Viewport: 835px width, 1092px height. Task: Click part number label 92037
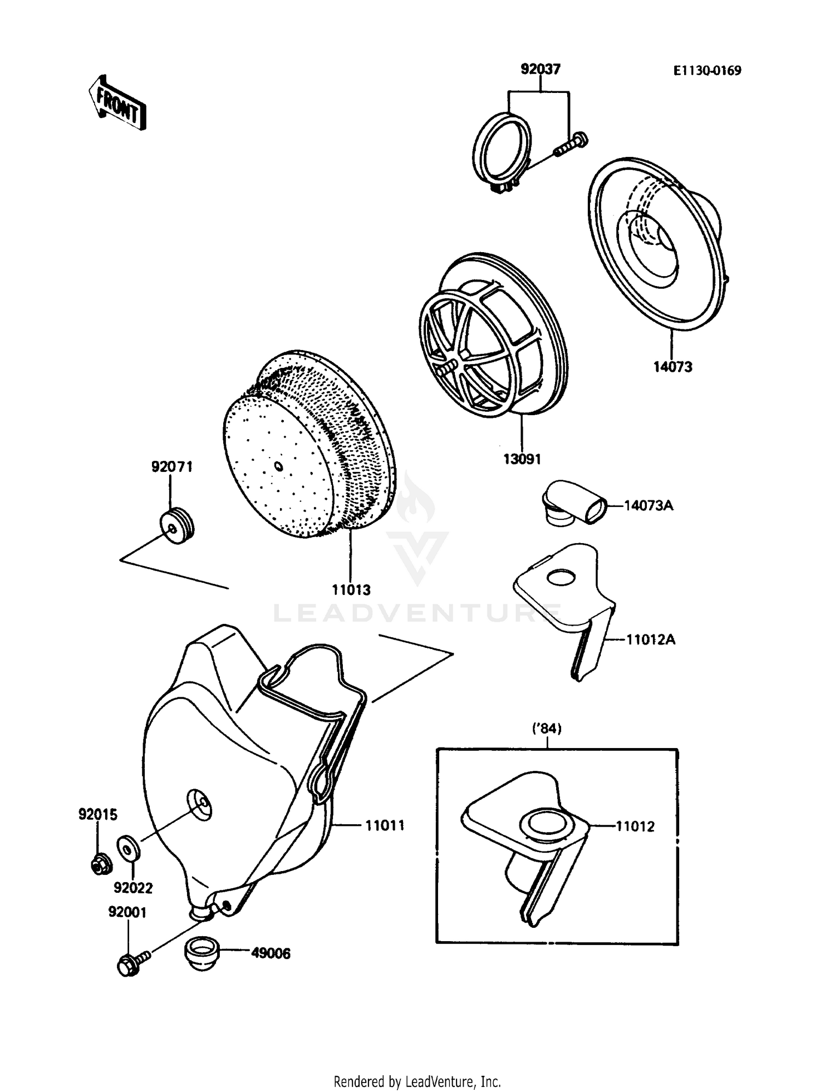coord(540,70)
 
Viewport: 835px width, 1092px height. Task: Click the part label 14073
coord(672,367)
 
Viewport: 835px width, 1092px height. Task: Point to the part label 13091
coord(522,459)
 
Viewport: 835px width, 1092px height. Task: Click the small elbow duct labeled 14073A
coord(573,503)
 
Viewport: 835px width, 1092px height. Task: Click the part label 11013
coord(351,590)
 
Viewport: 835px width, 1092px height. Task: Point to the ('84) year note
coord(547,728)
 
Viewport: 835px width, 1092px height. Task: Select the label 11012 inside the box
coord(635,827)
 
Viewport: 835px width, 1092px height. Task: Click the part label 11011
coord(384,825)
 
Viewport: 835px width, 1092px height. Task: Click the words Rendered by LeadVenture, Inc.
coord(417,1081)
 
